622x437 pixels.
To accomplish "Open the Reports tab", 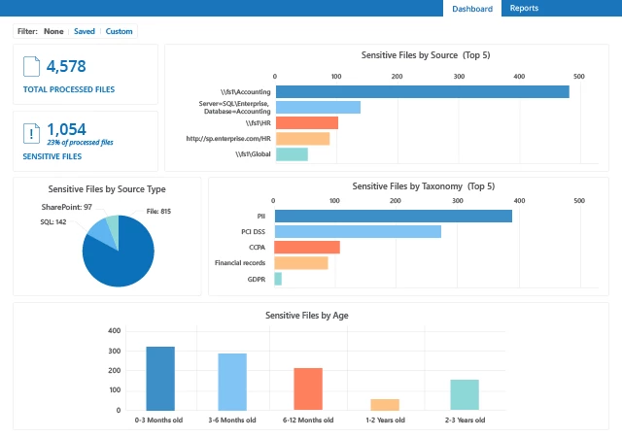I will pos(524,9).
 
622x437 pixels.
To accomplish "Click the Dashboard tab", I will pos(472,9).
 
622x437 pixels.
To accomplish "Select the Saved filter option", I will pos(85,31).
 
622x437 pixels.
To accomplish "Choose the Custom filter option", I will pos(119,31).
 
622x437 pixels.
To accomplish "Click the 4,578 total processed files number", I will pos(67,66).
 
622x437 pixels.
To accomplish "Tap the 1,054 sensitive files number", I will pos(66,128).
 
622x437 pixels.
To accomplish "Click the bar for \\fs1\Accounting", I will pos(422,91).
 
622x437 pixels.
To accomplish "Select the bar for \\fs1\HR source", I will pos(306,122).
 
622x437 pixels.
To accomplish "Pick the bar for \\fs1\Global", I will pos(292,153).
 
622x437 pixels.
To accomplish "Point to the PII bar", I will pos(393,216).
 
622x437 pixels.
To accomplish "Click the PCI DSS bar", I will pos(358,231).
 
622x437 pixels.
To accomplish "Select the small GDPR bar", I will pos(278,279).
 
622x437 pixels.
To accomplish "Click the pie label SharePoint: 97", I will pos(67,207).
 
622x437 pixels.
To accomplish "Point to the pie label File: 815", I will pos(158,211).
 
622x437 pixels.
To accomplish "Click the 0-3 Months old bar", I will pos(160,379).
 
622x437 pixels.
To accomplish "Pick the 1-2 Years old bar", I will pos(385,405).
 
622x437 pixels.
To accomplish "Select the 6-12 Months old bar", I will pos(308,389).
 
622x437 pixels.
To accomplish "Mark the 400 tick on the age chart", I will pos(115,331).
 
